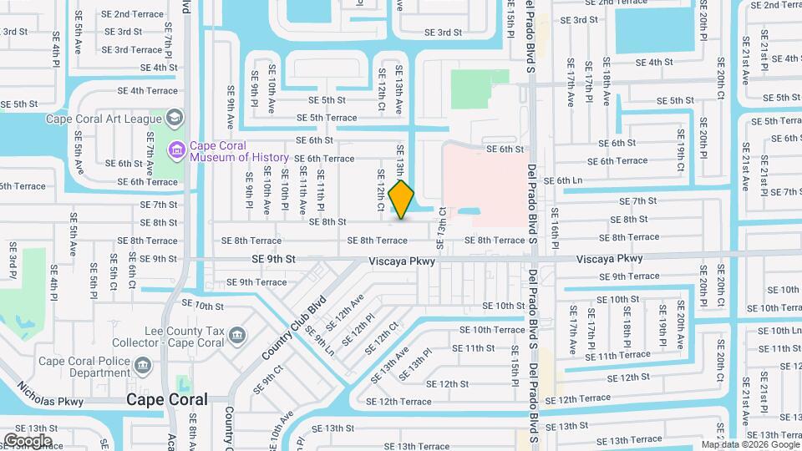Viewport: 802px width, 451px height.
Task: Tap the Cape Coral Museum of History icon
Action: click(x=177, y=151)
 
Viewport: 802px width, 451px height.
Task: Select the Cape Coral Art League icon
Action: click(x=175, y=118)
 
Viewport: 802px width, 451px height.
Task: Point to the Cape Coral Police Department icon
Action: click(x=143, y=365)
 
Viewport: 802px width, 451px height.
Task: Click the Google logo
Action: click(x=27, y=440)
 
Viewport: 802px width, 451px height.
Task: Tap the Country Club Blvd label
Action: click(x=293, y=332)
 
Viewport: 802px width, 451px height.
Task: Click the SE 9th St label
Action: click(x=274, y=260)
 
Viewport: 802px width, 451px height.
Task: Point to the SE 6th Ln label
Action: click(x=562, y=180)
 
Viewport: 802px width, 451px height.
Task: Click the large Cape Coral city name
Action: click(x=166, y=400)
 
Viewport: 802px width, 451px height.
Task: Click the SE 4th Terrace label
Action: click(x=148, y=90)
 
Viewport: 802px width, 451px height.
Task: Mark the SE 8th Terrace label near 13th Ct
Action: click(x=495, y=241)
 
